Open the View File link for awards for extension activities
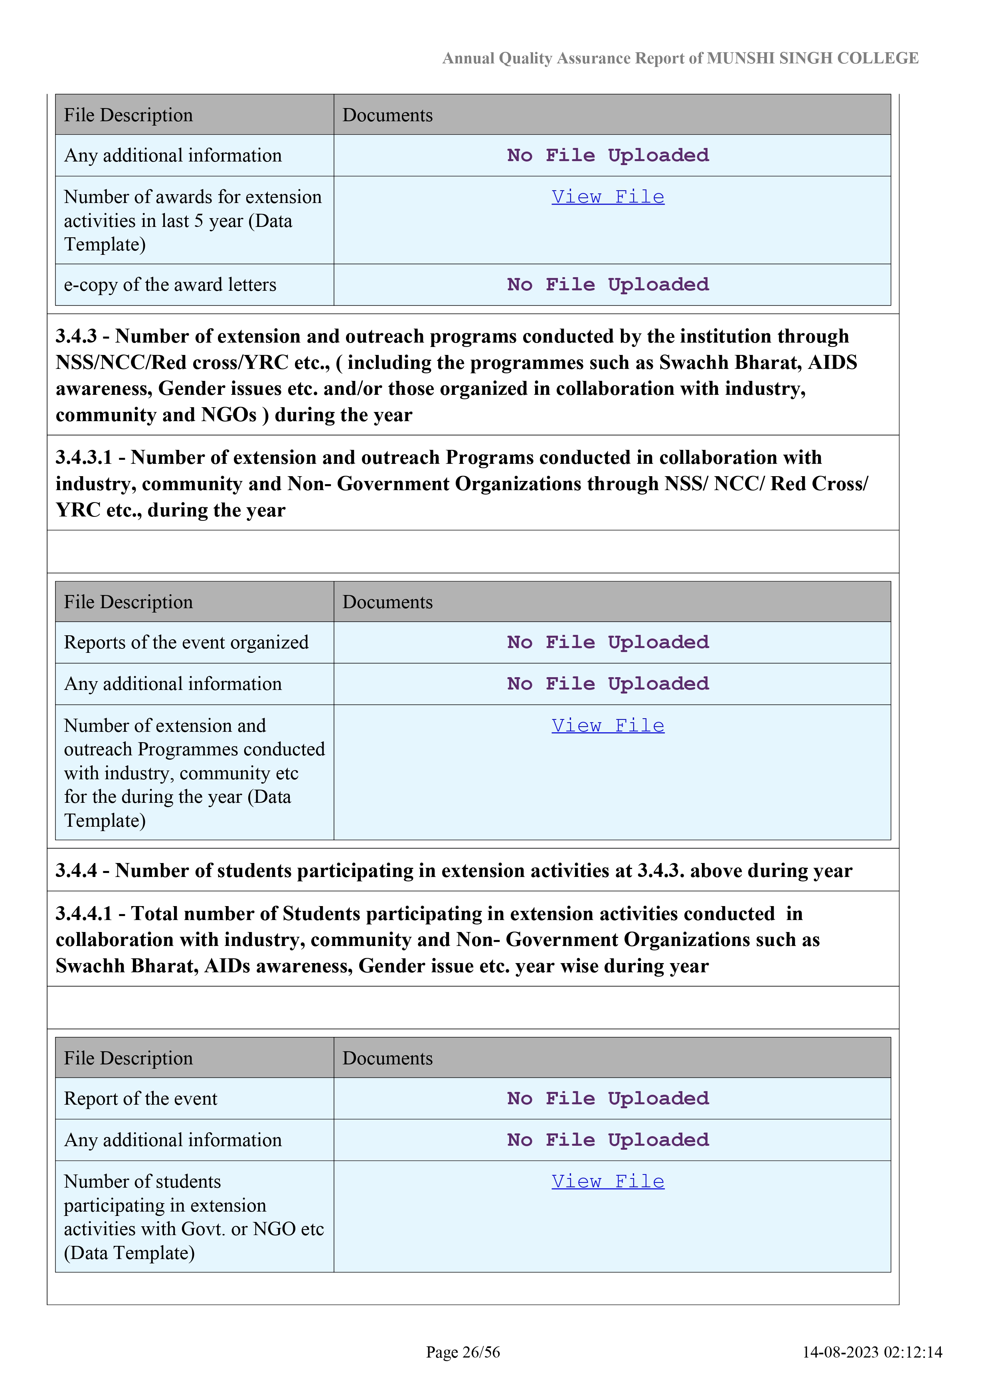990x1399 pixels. pos(608,197)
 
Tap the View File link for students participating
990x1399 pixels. pos(608,1182)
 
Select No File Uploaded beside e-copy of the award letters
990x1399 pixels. pos(608,285)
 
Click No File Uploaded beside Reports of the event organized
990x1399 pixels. pos(608,642)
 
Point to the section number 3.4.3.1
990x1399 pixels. pos(84,457)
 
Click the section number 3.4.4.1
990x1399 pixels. pos(84,913)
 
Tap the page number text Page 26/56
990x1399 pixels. pos(463,1352)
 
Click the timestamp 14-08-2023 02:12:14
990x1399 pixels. pos(872,1352)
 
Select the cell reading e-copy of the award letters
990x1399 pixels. pos(170,285)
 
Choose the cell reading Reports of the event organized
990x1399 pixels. pos(186,642)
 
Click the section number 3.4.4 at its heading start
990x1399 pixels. pos(76,871)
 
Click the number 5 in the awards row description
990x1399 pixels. pos(199,221)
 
